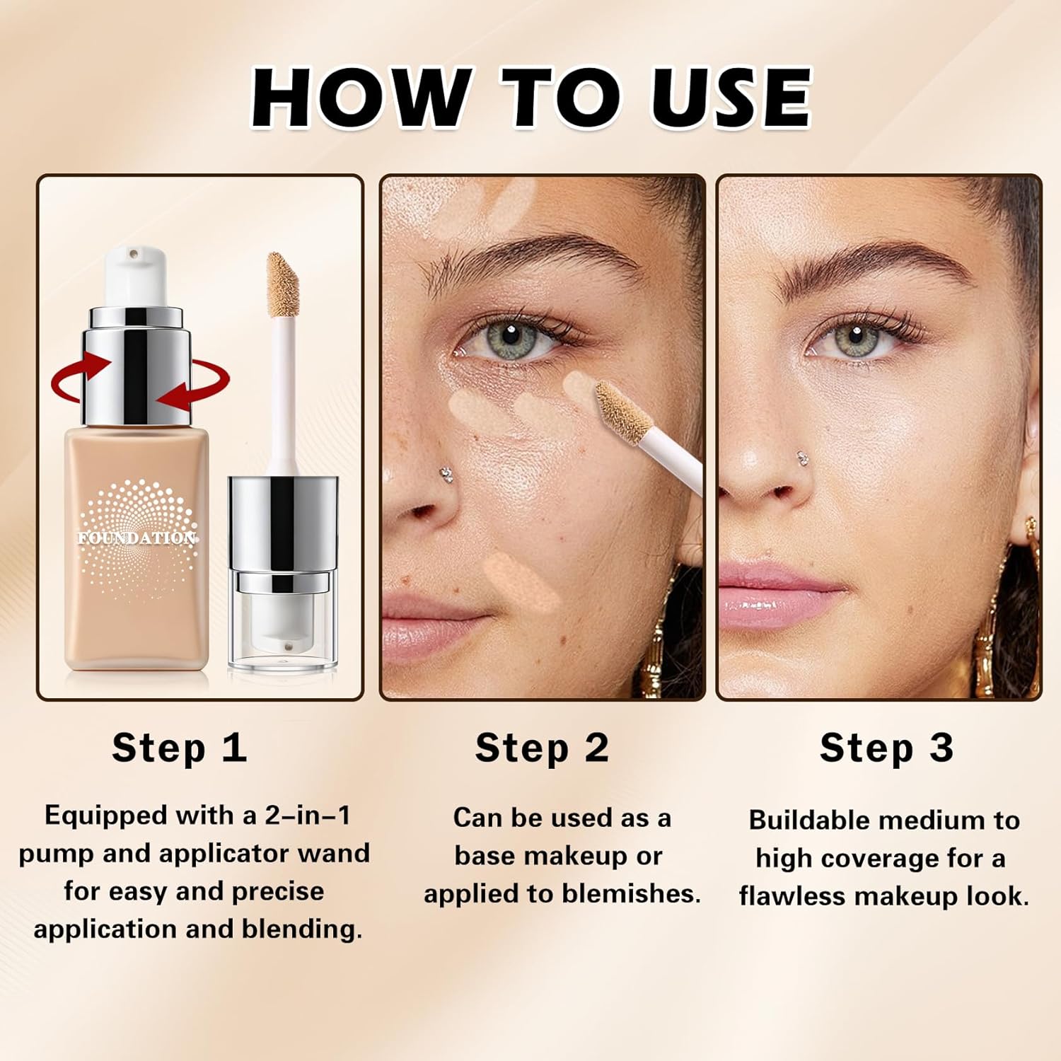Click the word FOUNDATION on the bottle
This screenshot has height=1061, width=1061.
point(137,538)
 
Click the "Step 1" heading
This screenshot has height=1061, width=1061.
point(179,748)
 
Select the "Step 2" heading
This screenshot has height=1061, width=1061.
point(542,748)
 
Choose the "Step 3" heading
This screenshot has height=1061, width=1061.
point(886,748)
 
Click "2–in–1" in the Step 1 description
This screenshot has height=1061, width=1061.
point(308,816)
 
